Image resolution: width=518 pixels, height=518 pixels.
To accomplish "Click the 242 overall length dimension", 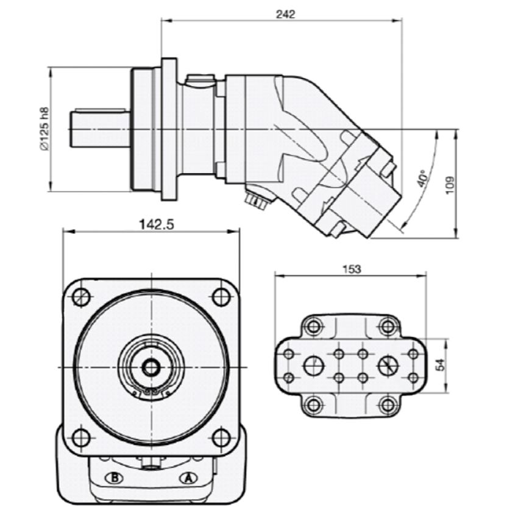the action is click(285, 15).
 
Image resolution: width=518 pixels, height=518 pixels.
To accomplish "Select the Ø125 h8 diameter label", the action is click(44, 129).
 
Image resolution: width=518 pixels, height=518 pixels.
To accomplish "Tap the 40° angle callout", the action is click(422, 177).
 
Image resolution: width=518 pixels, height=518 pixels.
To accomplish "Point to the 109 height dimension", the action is click(450, 185).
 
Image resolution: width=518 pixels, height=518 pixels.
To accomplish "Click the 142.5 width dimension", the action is click(156, 224).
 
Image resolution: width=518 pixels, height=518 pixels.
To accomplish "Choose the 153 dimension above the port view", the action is click(352, 269).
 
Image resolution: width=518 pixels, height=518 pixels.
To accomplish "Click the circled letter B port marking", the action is click(114, 478).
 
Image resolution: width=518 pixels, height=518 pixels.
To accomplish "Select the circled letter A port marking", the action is click(188, 478).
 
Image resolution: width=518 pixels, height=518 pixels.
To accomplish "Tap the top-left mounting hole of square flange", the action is click(81, 296).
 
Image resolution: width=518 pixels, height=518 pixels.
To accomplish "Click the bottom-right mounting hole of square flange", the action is click(221, 437).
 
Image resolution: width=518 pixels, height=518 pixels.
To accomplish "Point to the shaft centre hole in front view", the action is click(151, 367).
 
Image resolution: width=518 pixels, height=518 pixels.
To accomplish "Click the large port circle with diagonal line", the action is click(388, 366).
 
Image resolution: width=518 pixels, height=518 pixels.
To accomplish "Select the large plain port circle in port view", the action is click(314, 366).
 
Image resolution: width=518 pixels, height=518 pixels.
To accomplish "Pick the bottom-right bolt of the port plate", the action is click(388, 405).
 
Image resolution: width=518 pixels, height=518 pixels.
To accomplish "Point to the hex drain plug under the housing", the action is click(255, 200).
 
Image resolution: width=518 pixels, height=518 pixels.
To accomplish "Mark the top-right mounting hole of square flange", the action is click(221, 296).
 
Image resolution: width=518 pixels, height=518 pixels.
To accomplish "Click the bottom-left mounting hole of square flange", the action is click(81, 437).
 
